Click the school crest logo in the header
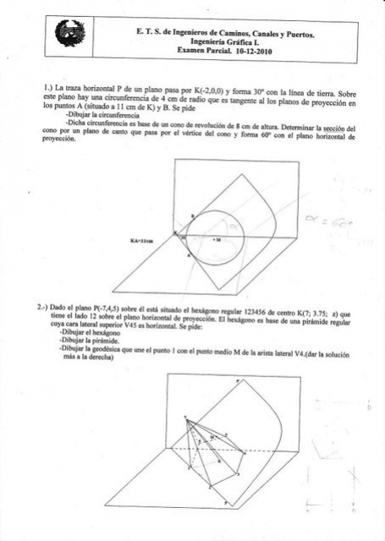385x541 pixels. click(x=63, y=35)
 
